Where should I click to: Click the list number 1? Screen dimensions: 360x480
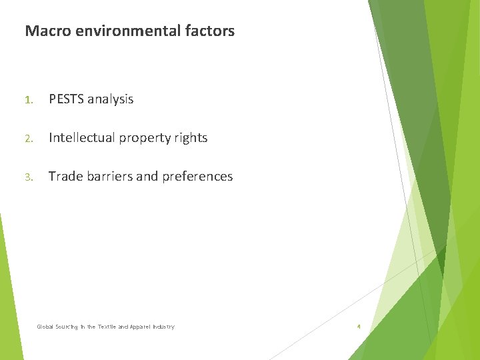pyautogui.click(x=28, y=100)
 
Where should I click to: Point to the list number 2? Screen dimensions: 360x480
pyautogui.click(x=28, y=139)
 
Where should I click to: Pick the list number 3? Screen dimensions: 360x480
pyautogui.click(x=28, y=177)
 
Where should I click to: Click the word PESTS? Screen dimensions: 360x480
pyautogui.click(x=67, y=99)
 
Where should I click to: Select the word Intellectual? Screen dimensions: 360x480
pyautogui.click(x=82, y=138)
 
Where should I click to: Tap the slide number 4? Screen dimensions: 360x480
pyautogui.click(x=359, y=327)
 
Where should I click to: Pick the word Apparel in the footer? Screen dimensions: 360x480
pyautogui.click(x=141, y=327)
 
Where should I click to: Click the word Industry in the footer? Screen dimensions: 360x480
pyautogui.click(x=163, y=327)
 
